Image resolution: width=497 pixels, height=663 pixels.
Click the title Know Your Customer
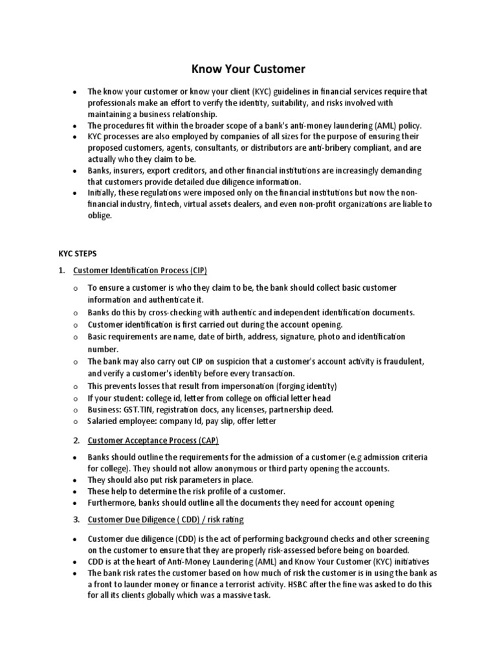point(248,68)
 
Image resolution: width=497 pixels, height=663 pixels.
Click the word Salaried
point(104,421)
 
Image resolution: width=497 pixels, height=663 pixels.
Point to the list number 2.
point(76,440)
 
